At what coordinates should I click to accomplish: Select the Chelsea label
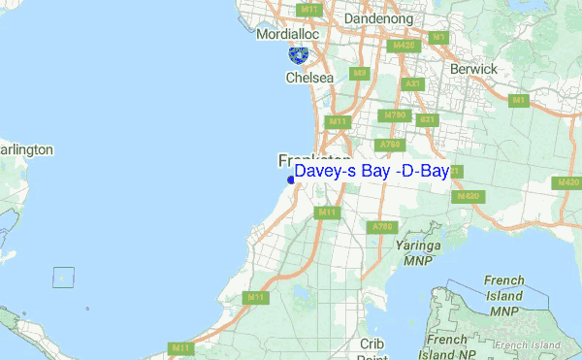coord(309,78)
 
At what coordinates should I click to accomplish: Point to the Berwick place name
coord(473,70)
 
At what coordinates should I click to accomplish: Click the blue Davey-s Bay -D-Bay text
coord(372,172)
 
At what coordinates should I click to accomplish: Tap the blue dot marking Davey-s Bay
coord(290,179)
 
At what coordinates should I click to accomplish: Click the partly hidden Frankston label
coord(314,158)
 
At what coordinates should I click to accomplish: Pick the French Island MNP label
coord(503,295)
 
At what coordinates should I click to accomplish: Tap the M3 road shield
coord(360,73)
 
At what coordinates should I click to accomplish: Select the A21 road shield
coord(412,84)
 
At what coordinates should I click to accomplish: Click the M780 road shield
coord(395,115)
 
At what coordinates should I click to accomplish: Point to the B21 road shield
coord(425,119)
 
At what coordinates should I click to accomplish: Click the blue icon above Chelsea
coord(300,56)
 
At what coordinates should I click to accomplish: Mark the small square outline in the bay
coord(63,277)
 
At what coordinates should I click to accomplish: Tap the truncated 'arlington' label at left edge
coord(26,150)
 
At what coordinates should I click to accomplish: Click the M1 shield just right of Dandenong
coord(438,38)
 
